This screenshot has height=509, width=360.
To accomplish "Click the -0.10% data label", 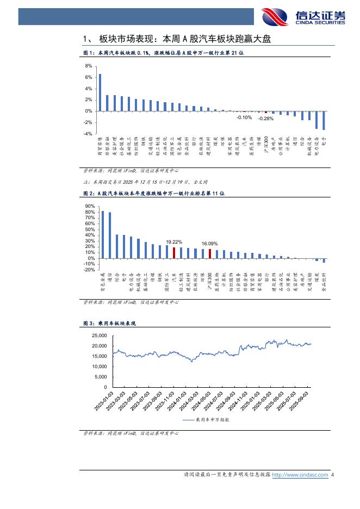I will pyautogui.click(x=244, y=117).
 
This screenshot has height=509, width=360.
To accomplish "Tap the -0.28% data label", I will pyautogui.click(x=266, y=118).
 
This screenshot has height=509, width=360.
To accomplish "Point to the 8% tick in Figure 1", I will pyautogui.click(x=89, y=66).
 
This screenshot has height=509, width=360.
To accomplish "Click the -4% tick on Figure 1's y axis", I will pyautogui.click(x=88, y=134).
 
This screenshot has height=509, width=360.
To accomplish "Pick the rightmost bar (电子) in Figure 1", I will pyautogui.click(x=324, y=120).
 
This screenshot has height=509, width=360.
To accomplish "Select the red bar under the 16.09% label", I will pyautogui.click(x=210, y=253).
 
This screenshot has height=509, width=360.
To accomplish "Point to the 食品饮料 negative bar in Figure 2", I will pyautogui.click(x=324, y=260).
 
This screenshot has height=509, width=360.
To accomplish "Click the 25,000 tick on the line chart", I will pyautogui.click(x=98, y=337).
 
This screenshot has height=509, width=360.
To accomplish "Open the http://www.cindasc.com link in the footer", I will pyautogui.click(x=300, y=475).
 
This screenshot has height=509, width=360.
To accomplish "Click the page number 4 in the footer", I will pyautogui.click(x=332, y=475).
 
